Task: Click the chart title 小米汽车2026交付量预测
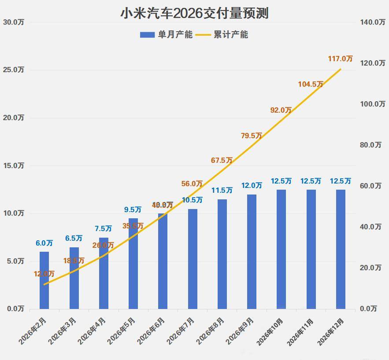point(194,13)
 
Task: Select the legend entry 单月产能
point(167,34)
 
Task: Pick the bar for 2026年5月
point(133,264)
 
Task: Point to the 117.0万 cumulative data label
point(341,59)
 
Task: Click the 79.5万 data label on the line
point(252,136)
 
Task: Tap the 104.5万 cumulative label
point(311,84)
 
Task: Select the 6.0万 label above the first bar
point(44,243)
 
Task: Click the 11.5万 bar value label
point(222,191)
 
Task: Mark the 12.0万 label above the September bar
point(252,186)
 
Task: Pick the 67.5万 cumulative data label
point(222,161)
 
